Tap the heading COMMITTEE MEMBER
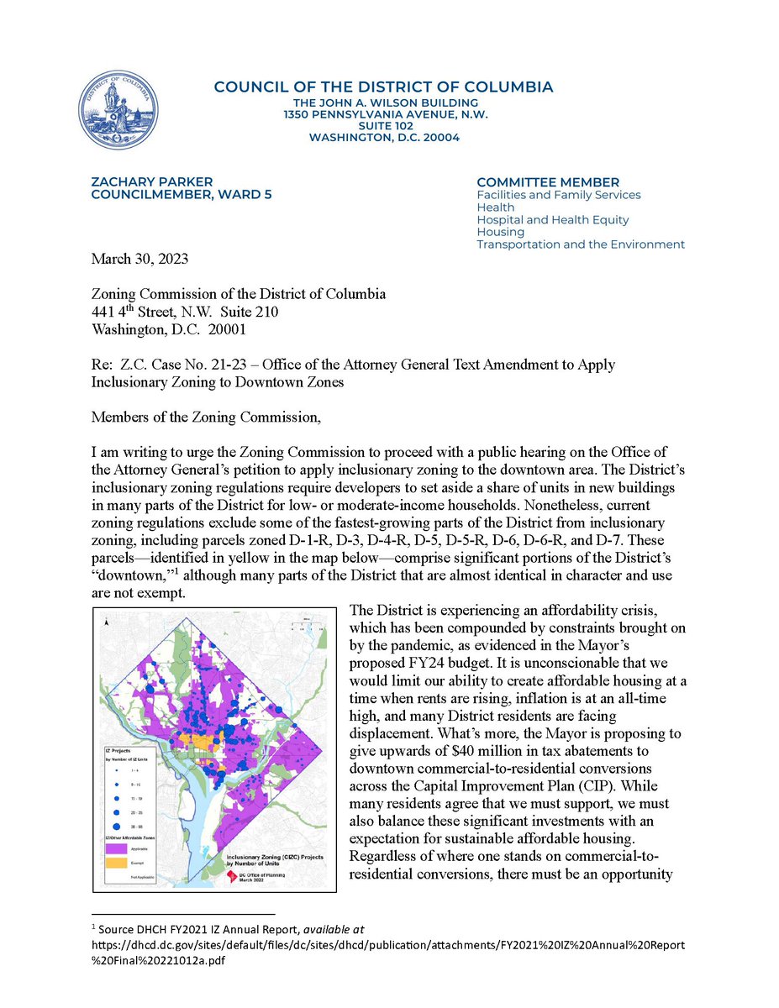[x=547, y=182]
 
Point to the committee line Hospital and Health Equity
[x=552, y=220]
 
